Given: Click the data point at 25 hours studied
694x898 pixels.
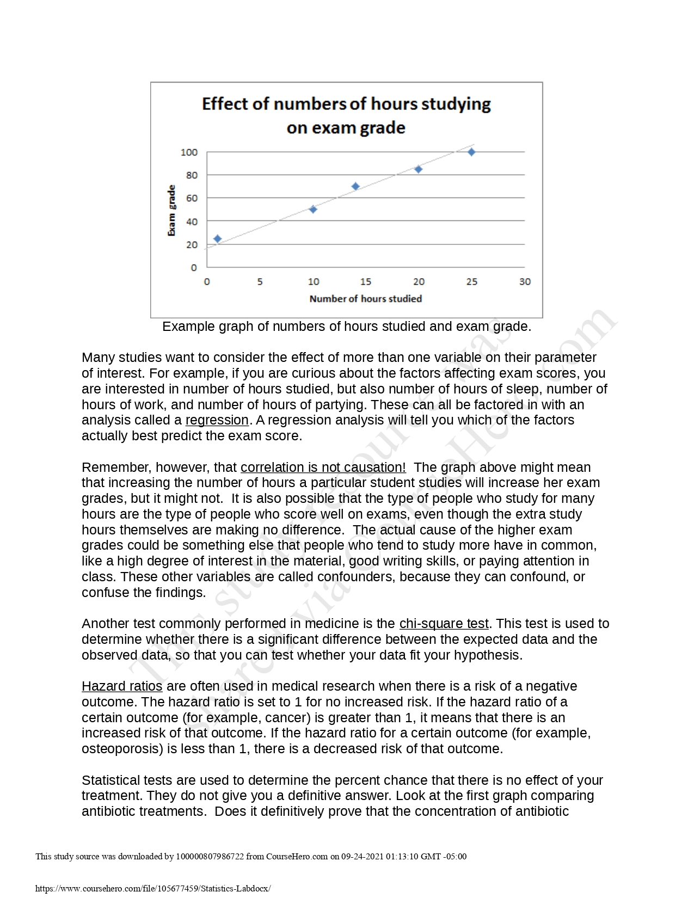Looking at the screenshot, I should [x=471, y=152].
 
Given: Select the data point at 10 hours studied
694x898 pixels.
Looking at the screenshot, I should [x=313, y=209].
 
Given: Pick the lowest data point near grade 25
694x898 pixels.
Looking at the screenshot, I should [x=218, y=238].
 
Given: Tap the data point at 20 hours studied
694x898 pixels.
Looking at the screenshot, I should [x=418, y=169].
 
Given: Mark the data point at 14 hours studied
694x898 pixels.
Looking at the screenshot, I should [x=355, y=186].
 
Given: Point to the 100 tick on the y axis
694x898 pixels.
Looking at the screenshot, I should [x=189, y=152].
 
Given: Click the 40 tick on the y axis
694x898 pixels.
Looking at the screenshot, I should [x=192, y=222].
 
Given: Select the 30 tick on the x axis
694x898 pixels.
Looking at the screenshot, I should [x=524, y=282].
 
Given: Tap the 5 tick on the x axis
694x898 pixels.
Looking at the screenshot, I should [x=260, y=282].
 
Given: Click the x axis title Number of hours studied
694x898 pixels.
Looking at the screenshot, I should [x=365, y=299].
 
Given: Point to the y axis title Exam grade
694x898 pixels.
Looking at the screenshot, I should [x=171, y=210].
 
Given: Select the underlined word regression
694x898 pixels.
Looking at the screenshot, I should [x=217, y=420].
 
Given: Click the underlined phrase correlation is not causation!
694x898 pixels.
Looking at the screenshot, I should [x=323, y=468].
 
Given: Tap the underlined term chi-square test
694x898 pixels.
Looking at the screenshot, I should [x=444, y=624].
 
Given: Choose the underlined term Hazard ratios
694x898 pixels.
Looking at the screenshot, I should [x=122, y=686].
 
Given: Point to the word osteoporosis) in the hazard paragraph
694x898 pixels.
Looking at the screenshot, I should [x=122, y=749].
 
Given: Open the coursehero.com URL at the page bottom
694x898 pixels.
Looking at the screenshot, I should [x=152, y=889].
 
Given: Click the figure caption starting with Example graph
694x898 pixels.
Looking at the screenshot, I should [x=346, y=327].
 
